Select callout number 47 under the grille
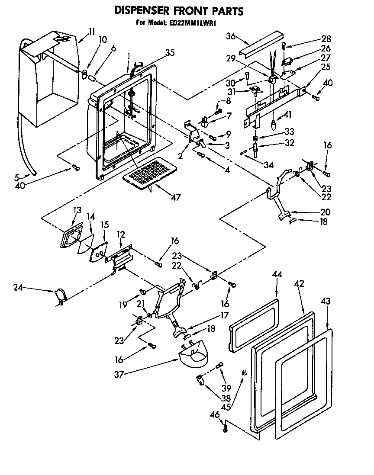(x=175, y=197)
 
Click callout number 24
(x=17, y=287)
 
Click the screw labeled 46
(x=225, y=428)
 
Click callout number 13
(x=77, y=210)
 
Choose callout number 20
(x=325, y=212)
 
